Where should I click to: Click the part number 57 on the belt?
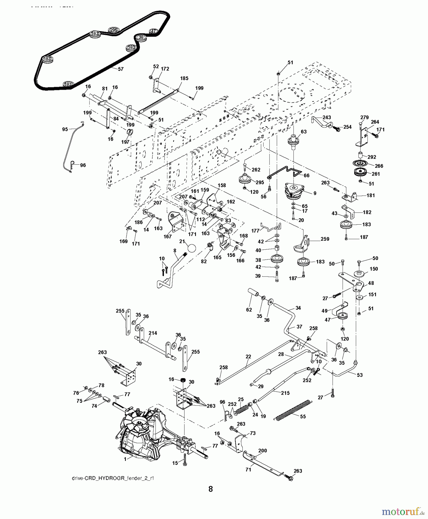click(x=120, y=69)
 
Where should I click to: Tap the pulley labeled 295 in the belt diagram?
click(x=113, y=30)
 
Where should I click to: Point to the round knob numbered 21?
click(x=191, y=248)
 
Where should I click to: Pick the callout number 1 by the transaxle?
click(x=125, y=459)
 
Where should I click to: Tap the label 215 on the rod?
click(x=285, y=393)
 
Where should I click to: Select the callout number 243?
click(x=327, y=117)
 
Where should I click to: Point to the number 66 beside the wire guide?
click(x=306, y=175)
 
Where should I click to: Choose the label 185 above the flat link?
click(x=184, y=78)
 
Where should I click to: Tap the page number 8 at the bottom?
click(x=210, y=489)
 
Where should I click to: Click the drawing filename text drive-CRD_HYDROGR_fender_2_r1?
click(x=113, y=478)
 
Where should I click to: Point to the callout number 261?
click(x=376, y=174)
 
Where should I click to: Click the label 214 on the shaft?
click(x=153, y=333)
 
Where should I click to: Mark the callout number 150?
click(x=374, y=269)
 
